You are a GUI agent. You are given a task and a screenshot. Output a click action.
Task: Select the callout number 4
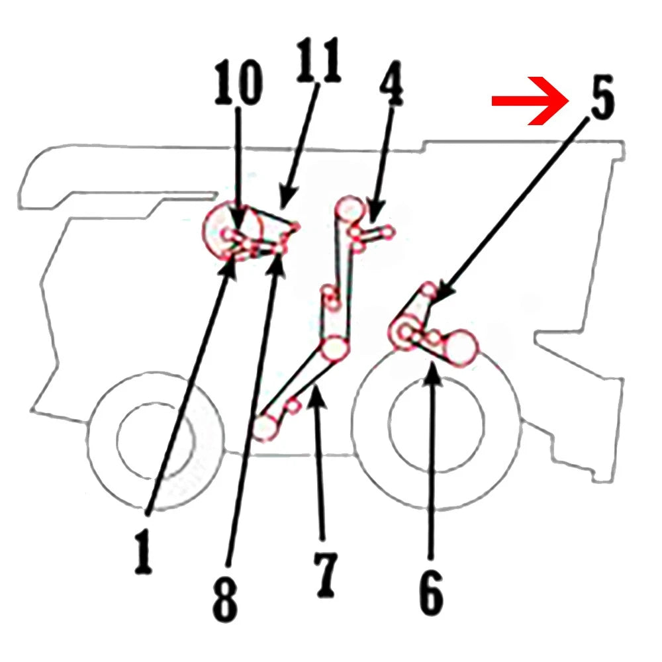coord(391,83)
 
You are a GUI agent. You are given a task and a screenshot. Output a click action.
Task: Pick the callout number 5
coord(602,97)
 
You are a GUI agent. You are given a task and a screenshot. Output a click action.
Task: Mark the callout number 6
coord(431,592)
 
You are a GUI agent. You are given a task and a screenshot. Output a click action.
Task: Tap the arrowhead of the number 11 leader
coord(287,199)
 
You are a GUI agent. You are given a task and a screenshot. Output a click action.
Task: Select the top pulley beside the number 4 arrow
coord(350,210)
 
